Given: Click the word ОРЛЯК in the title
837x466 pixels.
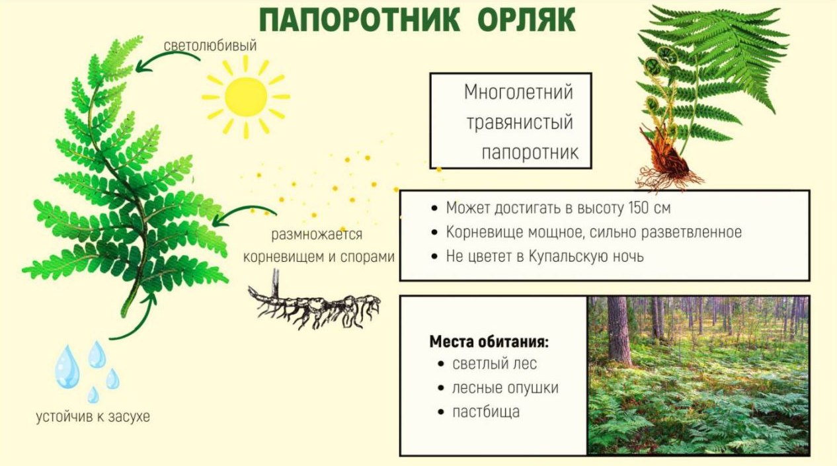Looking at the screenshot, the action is click(x=526, y=20).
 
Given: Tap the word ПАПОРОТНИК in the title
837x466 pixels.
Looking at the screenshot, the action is click(x=360, y=20).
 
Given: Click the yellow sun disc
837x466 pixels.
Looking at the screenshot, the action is click(x=246, y=97).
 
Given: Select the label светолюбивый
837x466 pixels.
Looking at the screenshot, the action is click(x=210, y=46).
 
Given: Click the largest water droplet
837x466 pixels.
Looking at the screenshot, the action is click(x=67, y=367).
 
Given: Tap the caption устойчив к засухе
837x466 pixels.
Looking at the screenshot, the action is click(x=93, y=416).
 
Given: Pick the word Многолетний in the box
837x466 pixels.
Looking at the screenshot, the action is click(x=518, y=92).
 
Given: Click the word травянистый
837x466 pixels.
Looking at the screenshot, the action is click(x=520, y=122).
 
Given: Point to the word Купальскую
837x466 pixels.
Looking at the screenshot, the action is click(x=573, y=256).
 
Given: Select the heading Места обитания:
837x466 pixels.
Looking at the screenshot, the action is click(x=489, y=342).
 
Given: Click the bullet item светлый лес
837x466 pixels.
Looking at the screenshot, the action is click(x=495, y=364).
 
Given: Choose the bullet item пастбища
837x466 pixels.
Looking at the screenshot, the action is click(x=486, y=412).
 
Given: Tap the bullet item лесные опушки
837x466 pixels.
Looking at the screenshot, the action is click(x=505, y=388).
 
